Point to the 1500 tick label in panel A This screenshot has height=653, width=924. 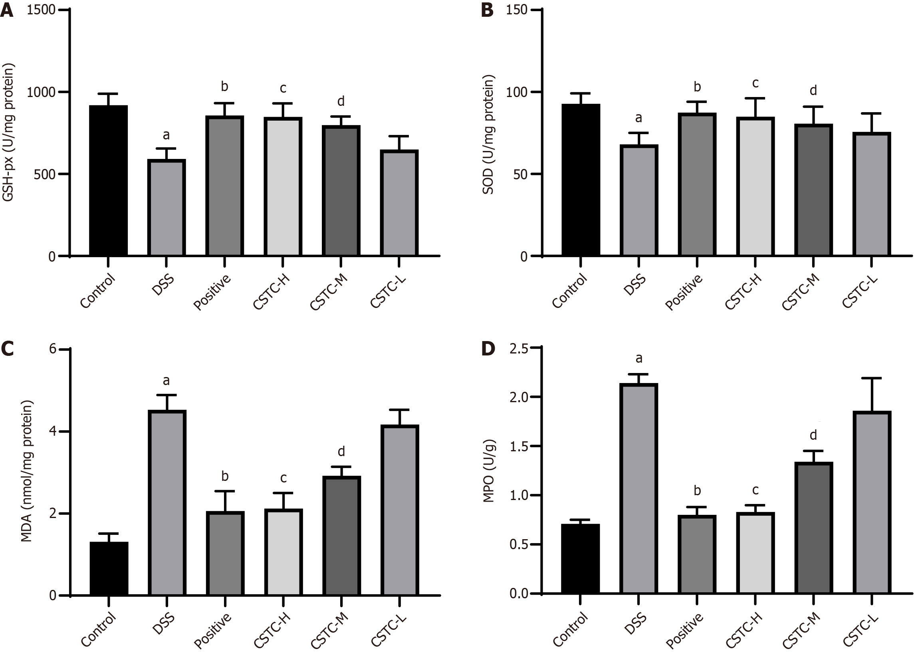click(x=41, y=10)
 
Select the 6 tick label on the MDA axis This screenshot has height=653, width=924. click(x=52, y=349)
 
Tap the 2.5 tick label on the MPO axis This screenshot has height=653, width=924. click(x=519, y=349)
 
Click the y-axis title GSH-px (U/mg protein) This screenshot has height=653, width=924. click(x=8, y=133)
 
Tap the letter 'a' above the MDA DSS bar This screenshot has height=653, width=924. click(x=166, y=381)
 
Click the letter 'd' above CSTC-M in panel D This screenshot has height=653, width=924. click(x=813, y=435)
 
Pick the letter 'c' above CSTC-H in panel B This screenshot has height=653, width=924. click(x=755, y=83)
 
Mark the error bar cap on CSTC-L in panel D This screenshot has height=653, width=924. click(x=871, y=378)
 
